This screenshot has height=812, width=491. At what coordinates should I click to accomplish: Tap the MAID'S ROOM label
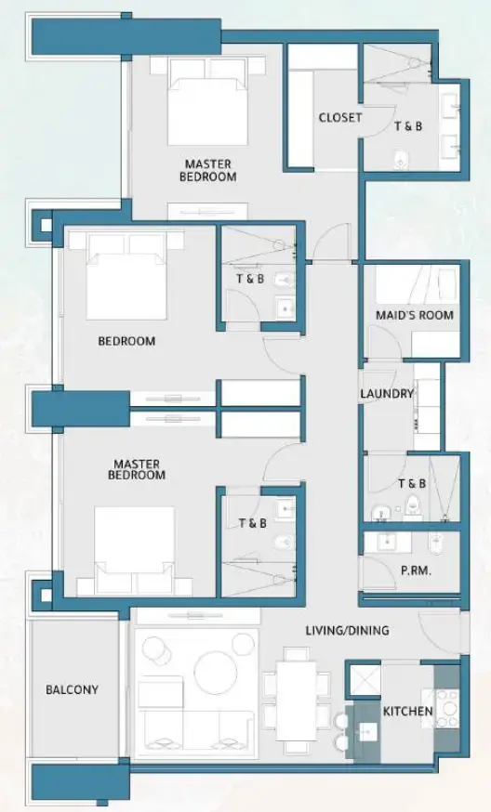[416, 315]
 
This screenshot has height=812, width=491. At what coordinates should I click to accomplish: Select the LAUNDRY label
[386, 394]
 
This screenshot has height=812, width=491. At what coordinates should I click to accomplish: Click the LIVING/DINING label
[347, 631]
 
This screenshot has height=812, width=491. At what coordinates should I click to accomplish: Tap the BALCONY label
[72, 690]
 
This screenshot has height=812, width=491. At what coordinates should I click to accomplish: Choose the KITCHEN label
[407, 713]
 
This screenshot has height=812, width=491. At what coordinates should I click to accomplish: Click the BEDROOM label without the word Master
[126, 341]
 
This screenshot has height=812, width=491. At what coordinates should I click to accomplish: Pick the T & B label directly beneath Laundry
[412, 484]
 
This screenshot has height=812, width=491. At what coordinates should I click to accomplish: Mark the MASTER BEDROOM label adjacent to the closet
[207, 171]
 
